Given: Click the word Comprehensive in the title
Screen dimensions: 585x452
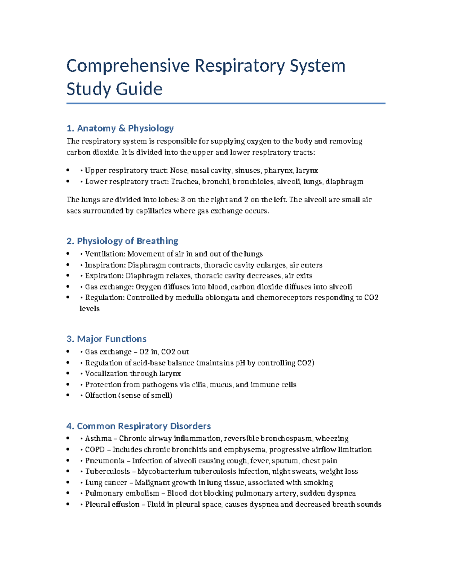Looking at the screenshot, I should tap(128, 66).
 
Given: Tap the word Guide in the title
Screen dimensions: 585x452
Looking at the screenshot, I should tap(139, 89).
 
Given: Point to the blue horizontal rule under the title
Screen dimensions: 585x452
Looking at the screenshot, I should tap(226, 103).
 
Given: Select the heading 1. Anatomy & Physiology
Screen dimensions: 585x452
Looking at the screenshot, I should tap(120, 128).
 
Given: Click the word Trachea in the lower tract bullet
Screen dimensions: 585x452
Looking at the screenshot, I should tap(185, 182).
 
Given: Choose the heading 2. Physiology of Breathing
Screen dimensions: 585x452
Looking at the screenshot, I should tap(122, 241).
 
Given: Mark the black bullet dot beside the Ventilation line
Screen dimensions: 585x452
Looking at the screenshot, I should tap(68, 254).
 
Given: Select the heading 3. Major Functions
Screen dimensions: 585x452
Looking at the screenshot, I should tap(106, 339).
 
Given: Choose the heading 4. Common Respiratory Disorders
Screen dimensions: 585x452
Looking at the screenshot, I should tap(138, 426).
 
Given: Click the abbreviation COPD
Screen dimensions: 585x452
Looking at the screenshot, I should tap(95, 450).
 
